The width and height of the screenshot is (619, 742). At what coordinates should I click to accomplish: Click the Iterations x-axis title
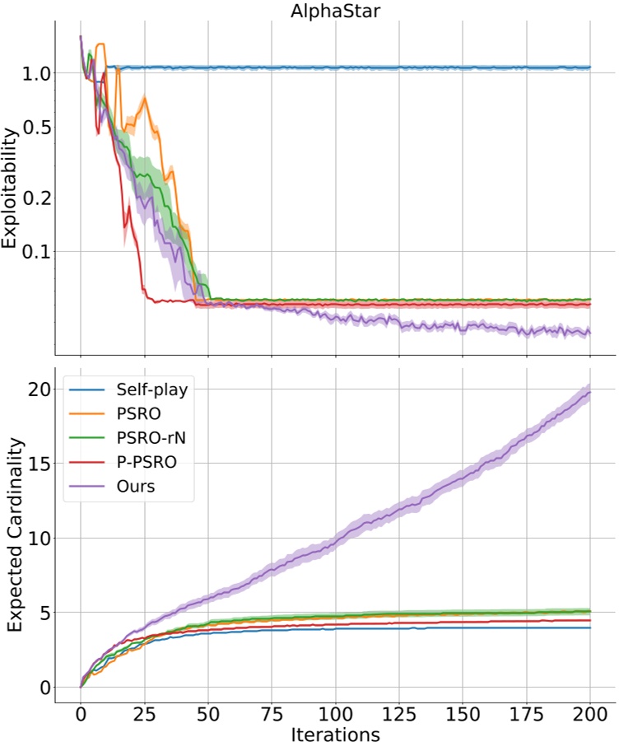[335, 730]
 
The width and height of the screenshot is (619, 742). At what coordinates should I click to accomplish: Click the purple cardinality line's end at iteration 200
[590, 391]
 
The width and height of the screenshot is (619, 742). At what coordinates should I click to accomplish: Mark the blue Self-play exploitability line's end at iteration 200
[590, 68]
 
